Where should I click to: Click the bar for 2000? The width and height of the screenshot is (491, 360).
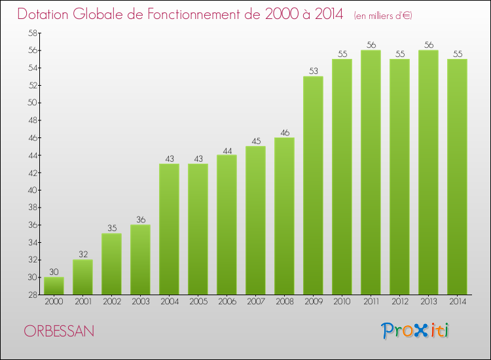(x=54, y=286)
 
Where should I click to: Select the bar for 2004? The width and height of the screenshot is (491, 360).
(x=169, y=229)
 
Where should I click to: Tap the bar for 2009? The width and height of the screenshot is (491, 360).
(x=313, y=185)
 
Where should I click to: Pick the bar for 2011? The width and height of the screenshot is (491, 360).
(x=371, y=172)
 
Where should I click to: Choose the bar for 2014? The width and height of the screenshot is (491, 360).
(x=457, y=177)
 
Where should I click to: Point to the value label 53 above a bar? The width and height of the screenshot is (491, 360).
(x=313, y=71)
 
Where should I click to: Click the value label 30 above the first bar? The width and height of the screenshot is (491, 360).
(x=54, y=272)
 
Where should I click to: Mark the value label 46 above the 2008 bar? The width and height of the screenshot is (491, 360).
(x=284, y=132)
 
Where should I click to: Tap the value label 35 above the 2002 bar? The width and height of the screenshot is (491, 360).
(x=111, y=228)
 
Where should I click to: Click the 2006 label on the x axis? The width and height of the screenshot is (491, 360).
(x=227, y=302)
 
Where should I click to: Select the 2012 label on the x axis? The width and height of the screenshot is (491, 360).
(x=399, y=302)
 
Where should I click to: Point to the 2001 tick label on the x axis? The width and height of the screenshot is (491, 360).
(x=82, y=302)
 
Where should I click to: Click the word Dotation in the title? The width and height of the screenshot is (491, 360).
(x=45, y=14)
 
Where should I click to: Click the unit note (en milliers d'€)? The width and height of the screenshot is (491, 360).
(x=383, y=15)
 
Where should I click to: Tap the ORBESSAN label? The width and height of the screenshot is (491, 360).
(x=60, y=331)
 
